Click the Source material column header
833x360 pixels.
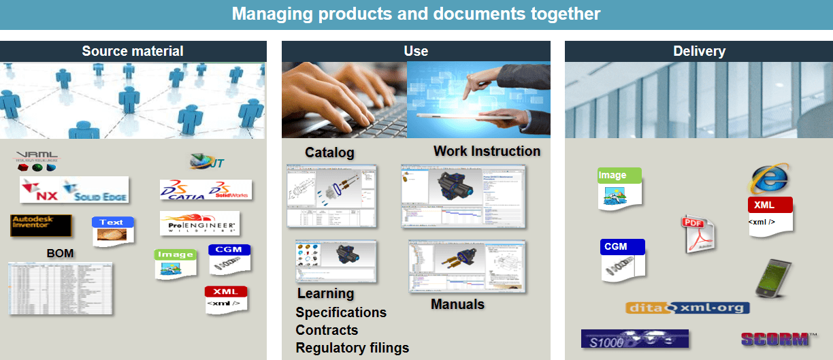[x=133, y=51]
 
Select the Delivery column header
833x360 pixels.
[x=699, y=51]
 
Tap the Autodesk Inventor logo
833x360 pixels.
[x=41, y=225]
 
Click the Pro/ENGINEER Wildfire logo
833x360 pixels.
[x=199, y=224]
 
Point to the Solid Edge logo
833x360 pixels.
[x=95, y=190]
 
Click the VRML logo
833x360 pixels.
[x=37, y=161]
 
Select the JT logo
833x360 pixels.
[x=207, y=162]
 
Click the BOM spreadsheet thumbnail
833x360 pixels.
[x=61, y=288]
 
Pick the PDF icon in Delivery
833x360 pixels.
[x=698, y=233]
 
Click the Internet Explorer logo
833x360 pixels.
[x=769, y=178]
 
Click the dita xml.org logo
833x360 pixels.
[x=687, y=308]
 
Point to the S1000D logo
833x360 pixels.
[x=634, y=339]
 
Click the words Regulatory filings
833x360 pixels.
[x=352, y=348]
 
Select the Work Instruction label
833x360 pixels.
[x=487, y=151]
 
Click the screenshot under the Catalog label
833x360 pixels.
[x=331, y=195]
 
